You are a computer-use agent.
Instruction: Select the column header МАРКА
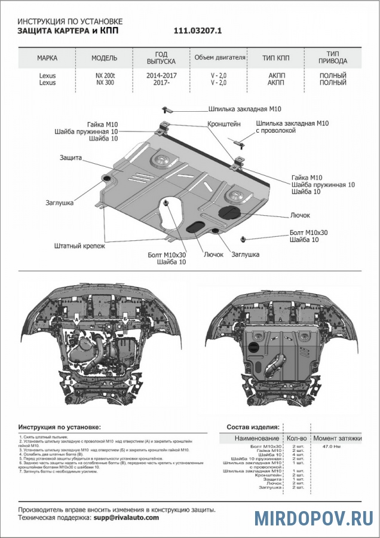[x=47, y=58]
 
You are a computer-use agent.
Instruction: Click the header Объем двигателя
[x=220, y=58]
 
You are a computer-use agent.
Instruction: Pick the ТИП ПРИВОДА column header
[x=333, y=58]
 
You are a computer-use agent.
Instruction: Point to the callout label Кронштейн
[x=224, y=124]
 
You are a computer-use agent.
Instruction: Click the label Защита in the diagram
[x=71, y=158]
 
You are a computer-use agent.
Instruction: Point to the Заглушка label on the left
[x=59, y=203]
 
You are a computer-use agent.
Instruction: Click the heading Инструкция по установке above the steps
[x=59, y=427]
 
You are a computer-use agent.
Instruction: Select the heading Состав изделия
[x=252, y=427]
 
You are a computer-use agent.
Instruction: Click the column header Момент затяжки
[x=338, y=438]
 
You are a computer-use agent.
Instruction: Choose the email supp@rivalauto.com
[x=125, y=518]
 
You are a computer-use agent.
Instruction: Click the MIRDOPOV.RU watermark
[x=314, y=518]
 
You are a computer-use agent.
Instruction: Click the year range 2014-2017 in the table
[x=161, y=75]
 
